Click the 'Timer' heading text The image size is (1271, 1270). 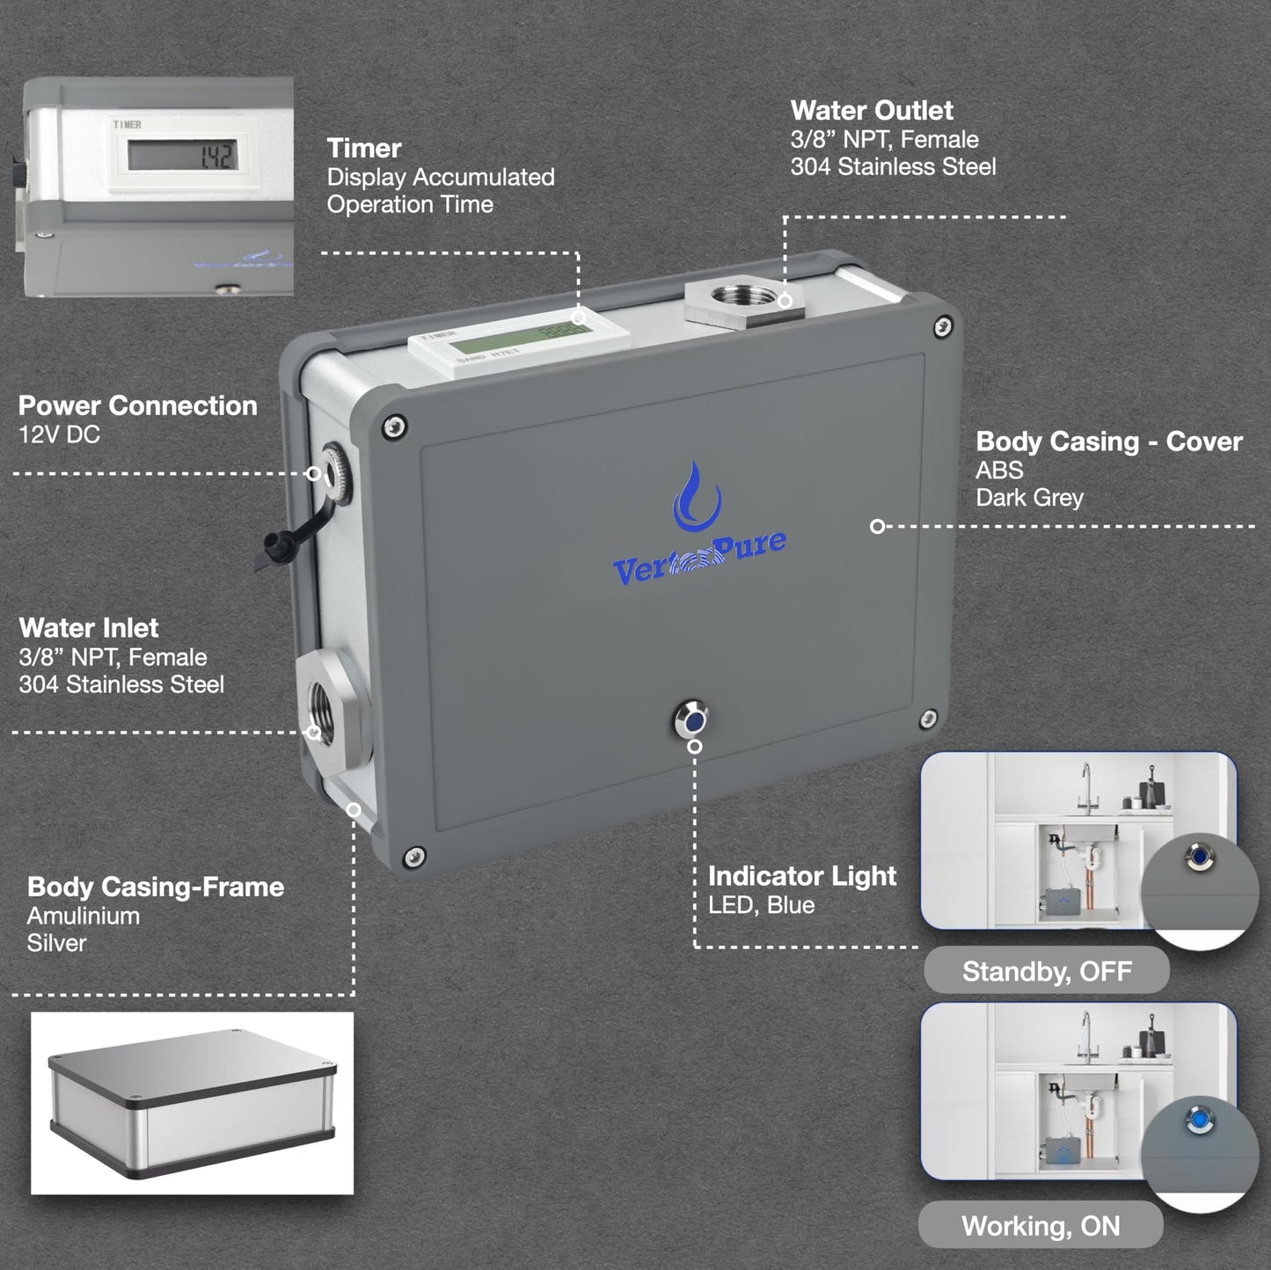[x=364, y=148]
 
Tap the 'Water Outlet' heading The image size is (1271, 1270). [x=871, y=110]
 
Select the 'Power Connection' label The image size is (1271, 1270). [x=137, y=405]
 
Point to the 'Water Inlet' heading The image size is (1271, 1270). [x=89, y=628]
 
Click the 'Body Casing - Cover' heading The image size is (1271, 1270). [x=1108, y=442]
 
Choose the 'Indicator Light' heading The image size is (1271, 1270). [x=801, y=876]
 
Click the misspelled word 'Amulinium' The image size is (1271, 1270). [x=83, y=916]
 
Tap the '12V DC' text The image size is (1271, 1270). [x=59, y=434]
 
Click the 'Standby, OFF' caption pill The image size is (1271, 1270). [x=1046, y=972]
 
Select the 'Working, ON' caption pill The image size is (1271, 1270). [x=1041, y=1226]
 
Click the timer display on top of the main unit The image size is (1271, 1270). [x=519, y=344]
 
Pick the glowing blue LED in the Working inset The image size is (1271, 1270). [x=1197, y=1120]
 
